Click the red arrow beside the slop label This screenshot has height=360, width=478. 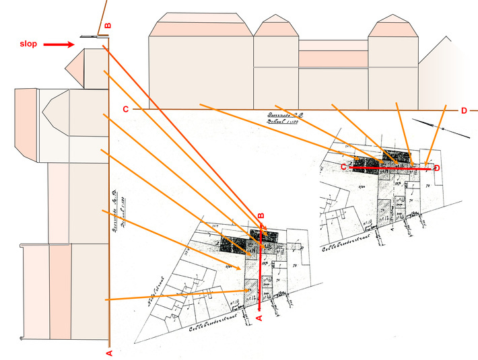pos(59,44)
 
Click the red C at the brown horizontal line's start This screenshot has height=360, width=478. pos(125,109)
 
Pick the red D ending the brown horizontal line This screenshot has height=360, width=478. pos(464,110)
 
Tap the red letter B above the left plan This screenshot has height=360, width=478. pos(261,215)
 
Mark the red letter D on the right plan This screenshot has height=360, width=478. pos(438,167)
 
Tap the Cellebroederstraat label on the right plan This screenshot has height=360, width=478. pos(384,237)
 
